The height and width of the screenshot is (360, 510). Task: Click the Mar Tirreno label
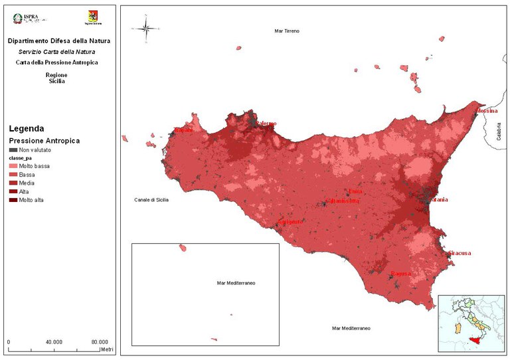click(x=289, y=31)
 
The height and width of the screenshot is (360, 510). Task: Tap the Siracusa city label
click(x=460, y=253)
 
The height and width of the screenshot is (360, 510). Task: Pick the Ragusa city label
click(x=400, y=274)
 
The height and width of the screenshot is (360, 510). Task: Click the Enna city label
click(x=356, y=191)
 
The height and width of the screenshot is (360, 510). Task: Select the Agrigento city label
click(x=290, y=221)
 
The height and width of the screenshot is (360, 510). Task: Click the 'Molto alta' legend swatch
click(x=13, y=199)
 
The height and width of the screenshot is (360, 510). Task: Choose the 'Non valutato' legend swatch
click(x=13, y=151)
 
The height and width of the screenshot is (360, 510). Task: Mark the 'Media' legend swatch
click(x=13, y=182)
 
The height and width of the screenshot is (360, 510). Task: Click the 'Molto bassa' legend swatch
click(x=13, y=165)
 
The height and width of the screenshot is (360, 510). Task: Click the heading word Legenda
click(x=26, y=128)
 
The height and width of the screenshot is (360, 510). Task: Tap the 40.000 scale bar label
click(x=54, y=342)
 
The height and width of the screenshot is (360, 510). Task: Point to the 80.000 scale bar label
click(x=100, y=342)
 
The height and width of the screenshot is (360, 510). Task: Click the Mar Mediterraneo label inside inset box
click(x=236, y=283)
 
